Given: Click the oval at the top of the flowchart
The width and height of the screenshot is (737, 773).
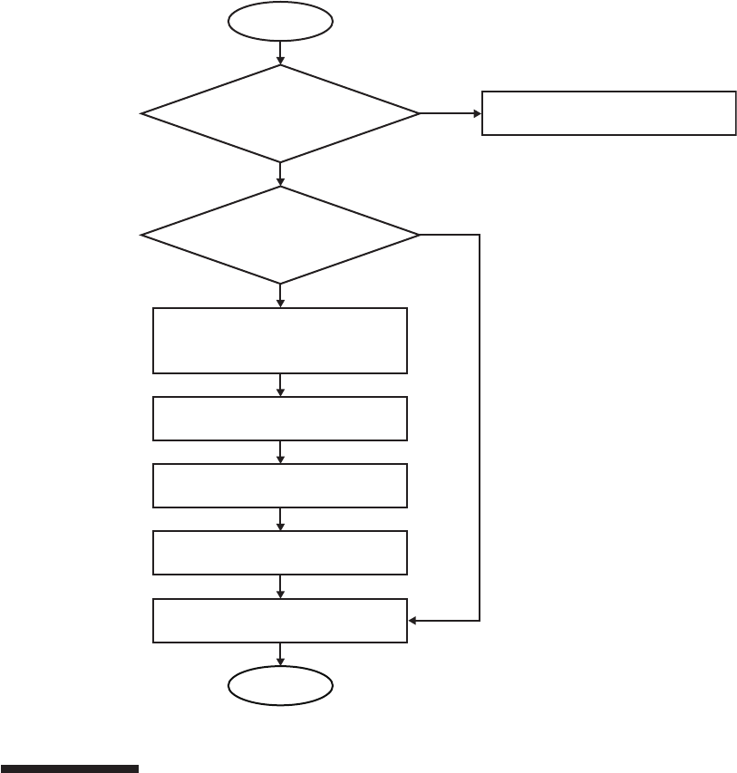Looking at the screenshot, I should [280, 21].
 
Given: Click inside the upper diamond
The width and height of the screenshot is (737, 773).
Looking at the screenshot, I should [280, 113].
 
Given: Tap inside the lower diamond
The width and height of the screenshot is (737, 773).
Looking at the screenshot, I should [280, 235].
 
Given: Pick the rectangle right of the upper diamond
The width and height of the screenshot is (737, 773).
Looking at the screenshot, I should [608, 113].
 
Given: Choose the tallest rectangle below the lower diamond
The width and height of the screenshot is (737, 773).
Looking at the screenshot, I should [280, 341].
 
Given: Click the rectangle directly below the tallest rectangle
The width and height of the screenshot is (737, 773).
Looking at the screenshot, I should [280, 418].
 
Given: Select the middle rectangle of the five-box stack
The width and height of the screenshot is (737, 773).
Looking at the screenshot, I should [280, 486].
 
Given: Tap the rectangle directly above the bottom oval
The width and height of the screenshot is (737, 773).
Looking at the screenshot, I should [280, 621].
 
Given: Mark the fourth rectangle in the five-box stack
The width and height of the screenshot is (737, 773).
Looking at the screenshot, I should [280, 553].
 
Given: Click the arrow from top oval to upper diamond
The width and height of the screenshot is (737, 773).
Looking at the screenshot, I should [280, 53].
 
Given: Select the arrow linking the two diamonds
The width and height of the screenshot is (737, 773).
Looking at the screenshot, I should [280, 174].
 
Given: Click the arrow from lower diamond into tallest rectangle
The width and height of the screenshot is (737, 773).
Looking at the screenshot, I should [280, 295].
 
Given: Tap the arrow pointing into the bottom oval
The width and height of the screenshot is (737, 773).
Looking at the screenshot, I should [280, 655].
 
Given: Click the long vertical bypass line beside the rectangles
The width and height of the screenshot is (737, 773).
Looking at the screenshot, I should [479, 426].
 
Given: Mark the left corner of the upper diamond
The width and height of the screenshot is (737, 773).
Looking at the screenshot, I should [143, 113].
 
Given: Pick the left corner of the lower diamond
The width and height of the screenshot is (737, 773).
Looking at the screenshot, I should [143, 235].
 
